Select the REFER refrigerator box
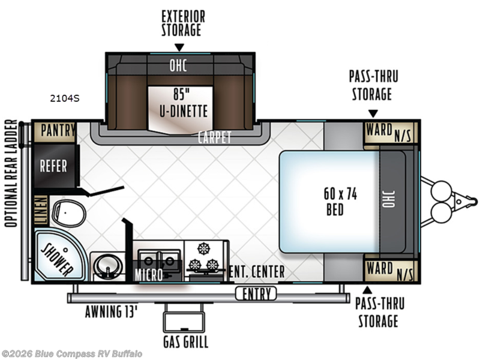point(54,166)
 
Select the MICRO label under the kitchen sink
point(148,275)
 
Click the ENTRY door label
point(256,294)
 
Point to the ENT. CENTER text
point(256,272)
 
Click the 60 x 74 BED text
point(335,201)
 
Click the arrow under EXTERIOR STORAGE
point(179,47)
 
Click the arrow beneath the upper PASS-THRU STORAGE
point(373,113)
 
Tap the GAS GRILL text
point(185,342)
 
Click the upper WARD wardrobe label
point(379,130)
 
